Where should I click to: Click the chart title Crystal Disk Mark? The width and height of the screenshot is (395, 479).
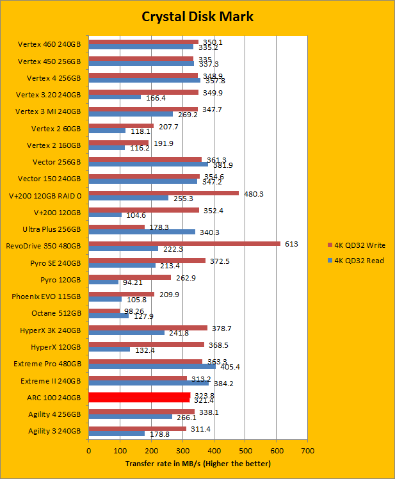point(197,17)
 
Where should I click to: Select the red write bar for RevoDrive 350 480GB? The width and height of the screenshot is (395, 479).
point(184,243)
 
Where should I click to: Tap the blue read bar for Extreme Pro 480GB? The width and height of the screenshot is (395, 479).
point(152,366)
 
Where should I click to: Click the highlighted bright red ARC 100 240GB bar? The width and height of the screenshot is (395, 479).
point(140,397)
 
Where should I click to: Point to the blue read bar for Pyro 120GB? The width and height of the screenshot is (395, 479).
point(104,282)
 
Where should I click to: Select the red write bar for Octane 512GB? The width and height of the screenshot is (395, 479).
point(104,311)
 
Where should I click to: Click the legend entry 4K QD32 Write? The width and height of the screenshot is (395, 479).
point(359,245)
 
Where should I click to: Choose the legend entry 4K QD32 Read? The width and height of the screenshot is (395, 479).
point(359,260)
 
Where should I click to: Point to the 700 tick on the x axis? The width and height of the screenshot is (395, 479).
point(307,451)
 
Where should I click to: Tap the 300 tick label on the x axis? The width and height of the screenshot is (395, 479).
point(182,451)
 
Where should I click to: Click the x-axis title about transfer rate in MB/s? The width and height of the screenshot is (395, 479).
point(198,463)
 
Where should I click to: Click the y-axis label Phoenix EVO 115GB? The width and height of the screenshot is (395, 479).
point(47,296)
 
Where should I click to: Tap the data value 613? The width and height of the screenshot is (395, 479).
point(292,243)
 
